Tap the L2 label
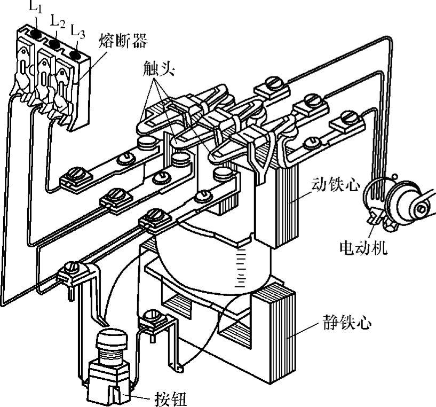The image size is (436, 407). (58, 20)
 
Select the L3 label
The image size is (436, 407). (77, 31)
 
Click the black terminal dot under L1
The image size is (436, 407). (36, 34)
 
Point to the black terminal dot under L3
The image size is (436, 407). (75, 55)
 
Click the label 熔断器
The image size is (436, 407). (123, 41)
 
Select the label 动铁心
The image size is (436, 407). (336, 184)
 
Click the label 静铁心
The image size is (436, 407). (347, 323)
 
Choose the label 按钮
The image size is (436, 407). (171, 399)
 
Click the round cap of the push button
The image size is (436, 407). (112, 338)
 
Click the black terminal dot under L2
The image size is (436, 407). (54, 44)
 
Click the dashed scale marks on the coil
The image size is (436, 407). (241, 268)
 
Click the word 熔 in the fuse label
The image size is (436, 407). (107, 41)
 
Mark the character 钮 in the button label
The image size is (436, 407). (179, 399)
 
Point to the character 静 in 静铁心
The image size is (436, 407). (331, 323)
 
